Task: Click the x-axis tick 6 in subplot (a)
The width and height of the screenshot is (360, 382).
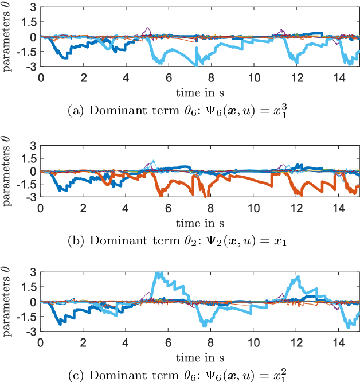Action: coord(168,77)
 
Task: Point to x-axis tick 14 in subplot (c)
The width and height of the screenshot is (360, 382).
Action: coord(338,342)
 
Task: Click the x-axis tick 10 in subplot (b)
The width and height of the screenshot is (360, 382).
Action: coord(253,209)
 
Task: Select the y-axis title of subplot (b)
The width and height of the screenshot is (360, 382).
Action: coord(7,171)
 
